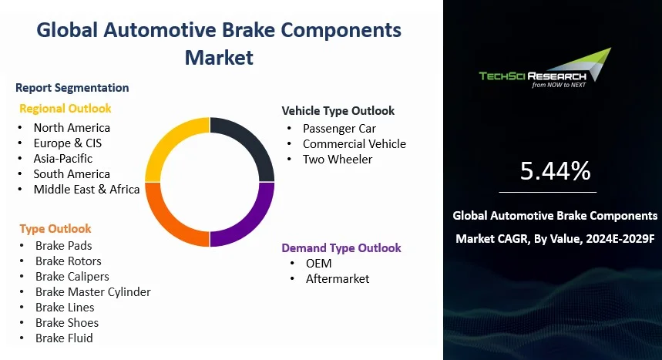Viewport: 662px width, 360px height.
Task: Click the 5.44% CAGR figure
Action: click(x=555, y=171)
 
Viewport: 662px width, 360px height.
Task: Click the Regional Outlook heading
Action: click(x=65, y=109)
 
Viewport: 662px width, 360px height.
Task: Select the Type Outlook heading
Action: click(x=55, y=229)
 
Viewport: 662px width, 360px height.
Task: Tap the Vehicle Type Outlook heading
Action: click(x=338, y=111)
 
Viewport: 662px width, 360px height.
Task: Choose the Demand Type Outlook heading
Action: click(x=341, y=248)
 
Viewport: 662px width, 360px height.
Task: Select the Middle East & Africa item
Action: click(x=86, y=190)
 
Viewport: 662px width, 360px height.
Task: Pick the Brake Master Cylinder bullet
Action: click(x=92, y=292)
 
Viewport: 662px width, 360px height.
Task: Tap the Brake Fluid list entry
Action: click(x=64, y=338)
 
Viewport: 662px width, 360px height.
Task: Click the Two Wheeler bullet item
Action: click(x=337, y=160)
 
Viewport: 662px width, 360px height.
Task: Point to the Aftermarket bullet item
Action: click(x=337, y=279)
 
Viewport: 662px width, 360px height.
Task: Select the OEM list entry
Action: click(x=318, y=264)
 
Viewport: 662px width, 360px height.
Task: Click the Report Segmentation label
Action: click(x=72, y=88)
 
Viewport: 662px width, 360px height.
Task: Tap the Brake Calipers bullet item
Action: click(x=72, y=277)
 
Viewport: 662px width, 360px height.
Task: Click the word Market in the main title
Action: click(x=219, y=57)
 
